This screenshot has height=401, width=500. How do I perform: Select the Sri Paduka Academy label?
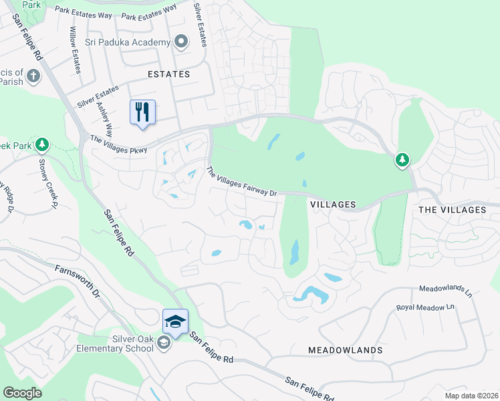click(x=128, y=43)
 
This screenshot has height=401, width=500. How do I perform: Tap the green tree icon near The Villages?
click(x=402, y=160)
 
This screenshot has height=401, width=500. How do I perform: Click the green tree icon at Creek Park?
click(x=42, y=144)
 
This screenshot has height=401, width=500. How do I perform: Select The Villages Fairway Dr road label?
click(x=241, y=182)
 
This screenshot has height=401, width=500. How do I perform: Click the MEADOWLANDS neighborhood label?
click(x=346, y=350)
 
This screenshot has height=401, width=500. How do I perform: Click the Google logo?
click(x=23, y=393)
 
